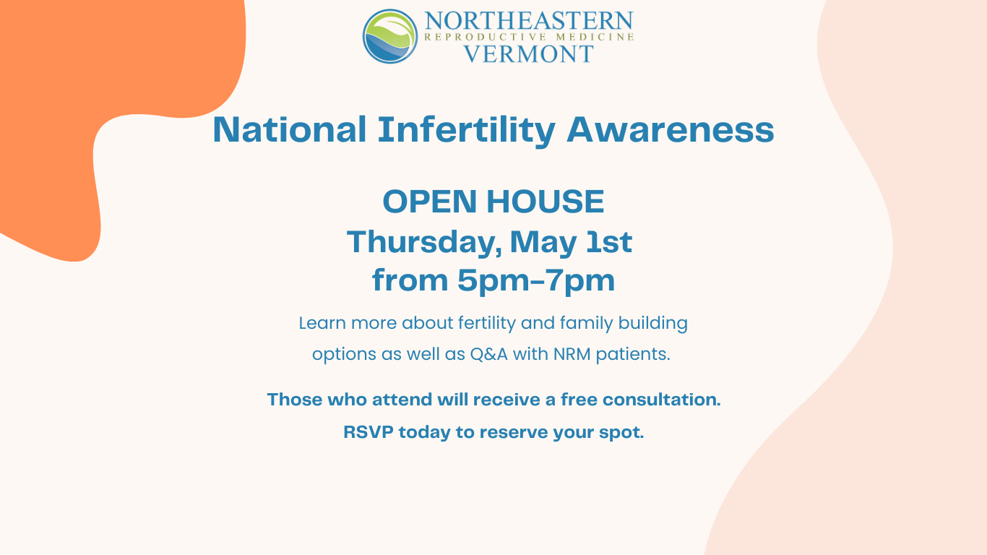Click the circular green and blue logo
pyautogui.click(x=390, y=36)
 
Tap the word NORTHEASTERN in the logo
pyautogui.click(x=529, y=21)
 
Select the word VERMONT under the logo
pyautogui.click(x=528, y=54)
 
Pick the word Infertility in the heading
pyautogui.click(x=467, y=131)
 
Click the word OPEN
pyautogui.click(x=430, y=202)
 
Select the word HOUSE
pyautogui.click(x=546, y=202)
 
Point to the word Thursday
pyautogui.click(x=424, y=242)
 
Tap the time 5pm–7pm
pyautogui.click(x=536, y=280)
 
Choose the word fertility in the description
pyautogui.click(x=487, y=323)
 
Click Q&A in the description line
pyautogui.click(x=489, y=354)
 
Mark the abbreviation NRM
pyautogui.click(x=572, y=354)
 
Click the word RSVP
pyautogui.click(x=368, y=432)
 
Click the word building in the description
pyautogui.click(x=653, y=323)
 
